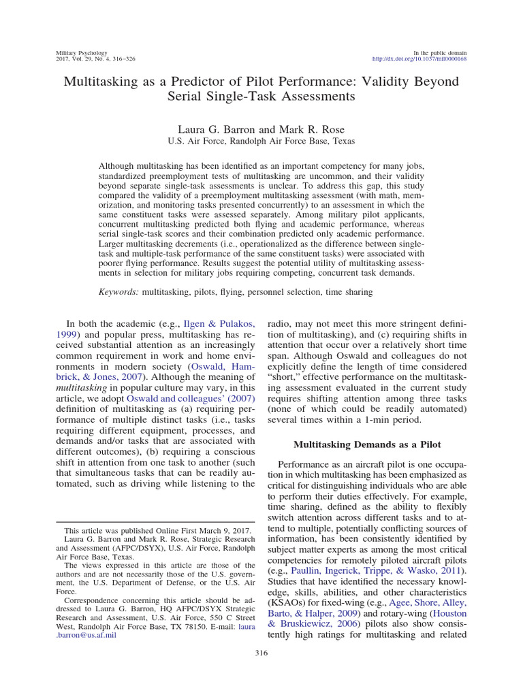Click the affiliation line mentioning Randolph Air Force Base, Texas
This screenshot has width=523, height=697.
tap(261, 141)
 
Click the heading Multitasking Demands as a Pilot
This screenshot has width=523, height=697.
tap(366, 444)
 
